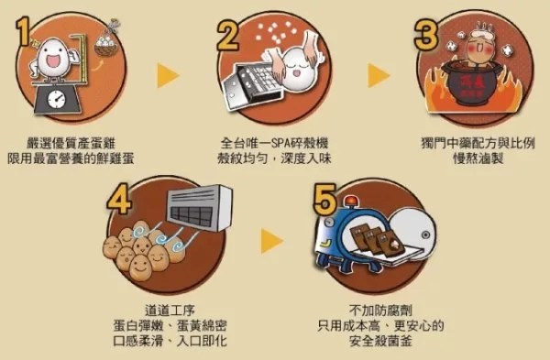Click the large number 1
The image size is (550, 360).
(x=23, y=32)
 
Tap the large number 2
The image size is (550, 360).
(x=228, y=35)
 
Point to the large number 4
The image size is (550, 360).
(x=119, y=200)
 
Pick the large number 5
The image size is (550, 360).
(x=324, y=200)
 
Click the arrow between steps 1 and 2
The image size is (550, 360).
(x=168, y=75)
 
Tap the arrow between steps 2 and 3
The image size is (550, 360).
(x=379, y=75)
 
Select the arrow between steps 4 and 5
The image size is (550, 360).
(x=272, y=241)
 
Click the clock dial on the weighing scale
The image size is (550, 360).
(x=57, y=100)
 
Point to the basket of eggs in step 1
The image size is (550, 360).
(x=106, y=46)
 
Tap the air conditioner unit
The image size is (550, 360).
(x=199, y=208)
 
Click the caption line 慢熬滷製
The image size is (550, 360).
(x=478, y=158)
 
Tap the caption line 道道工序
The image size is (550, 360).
(x=170, y=311)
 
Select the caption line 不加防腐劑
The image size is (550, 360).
(x=380, y=311)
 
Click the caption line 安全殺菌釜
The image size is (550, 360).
(x=380, y=341)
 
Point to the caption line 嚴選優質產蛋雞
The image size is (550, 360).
(x=71, y=144)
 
